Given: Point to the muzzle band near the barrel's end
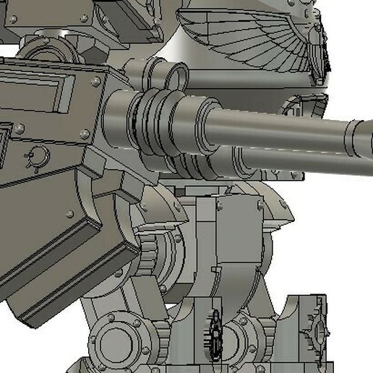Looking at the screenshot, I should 353,137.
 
